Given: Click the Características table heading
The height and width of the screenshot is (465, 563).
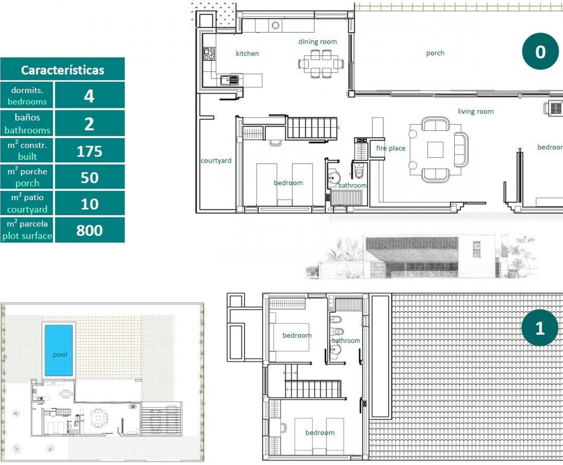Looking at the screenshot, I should pyautogui.click(x=62, y=70).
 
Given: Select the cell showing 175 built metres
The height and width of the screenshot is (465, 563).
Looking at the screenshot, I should pyautogui.click(x=90, y=151).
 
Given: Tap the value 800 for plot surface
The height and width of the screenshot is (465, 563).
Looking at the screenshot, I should pyautogui.click(x=90, y=230).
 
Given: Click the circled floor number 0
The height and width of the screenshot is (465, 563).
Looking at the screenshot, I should pyautogui.click(x=540, y=51).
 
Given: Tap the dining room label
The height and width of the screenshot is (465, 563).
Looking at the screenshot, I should pyautogui.click(x=317, y=42).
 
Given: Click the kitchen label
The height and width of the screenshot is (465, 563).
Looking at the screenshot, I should pyautogui.click(x=247, y=54).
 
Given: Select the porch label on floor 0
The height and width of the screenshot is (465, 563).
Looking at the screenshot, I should pyautogui.click(x=435, y=53).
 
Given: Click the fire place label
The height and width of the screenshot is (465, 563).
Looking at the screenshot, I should pyautogui.click(x=390, y=148).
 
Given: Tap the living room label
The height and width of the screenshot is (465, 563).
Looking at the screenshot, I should pyautogui.click(x=476, y=111).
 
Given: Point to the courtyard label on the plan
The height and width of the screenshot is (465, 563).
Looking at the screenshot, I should pyautogui.click(x=216, y=161).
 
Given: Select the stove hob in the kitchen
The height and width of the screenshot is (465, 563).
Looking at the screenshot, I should pyautogui.click(x=209, y=54).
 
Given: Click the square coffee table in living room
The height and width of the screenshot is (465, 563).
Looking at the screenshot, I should pyautogui.click(x=435, y=150).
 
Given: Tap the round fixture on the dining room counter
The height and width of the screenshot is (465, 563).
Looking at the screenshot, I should pyautogui.click(x=275, y=25).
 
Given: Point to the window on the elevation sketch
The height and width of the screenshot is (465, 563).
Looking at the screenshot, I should pyautogui.click(x=476, y=249).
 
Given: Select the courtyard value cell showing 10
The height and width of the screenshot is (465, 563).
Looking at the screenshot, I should pyautogui.click(x=90, y=204).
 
